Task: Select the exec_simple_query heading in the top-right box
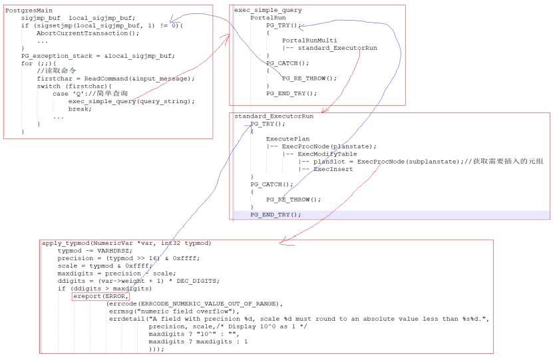(x=268, y=11)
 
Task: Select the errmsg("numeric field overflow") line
(x=170, y=311)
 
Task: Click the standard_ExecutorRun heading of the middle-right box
(x=274, y=116)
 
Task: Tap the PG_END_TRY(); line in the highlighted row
(x=276, y=215)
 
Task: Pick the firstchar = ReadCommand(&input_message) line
(x=115, y=79)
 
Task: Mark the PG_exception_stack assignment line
(x=98, y=56)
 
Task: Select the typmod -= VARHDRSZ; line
(x=94, y=251)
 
